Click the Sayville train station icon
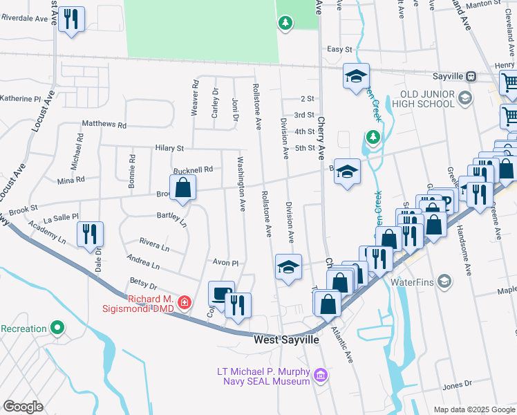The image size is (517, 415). tap(470, 76)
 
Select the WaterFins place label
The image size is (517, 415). tap(411, 282)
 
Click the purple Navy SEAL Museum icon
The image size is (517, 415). tap(319, 376)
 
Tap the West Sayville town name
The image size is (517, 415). tap(287, 340)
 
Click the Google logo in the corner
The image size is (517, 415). tap(23, 407)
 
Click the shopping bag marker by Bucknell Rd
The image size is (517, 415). tap(182, 188)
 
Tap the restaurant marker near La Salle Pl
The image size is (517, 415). tap(90, 235)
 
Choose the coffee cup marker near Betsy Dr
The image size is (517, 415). tap(221, 294)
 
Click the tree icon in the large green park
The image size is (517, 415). tap(285, 24)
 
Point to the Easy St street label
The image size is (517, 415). tap(339, 49)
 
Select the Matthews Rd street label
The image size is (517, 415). tap(104, 125)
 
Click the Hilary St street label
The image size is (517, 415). tap(169, 148)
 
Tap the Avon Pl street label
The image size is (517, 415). tap(225, 264)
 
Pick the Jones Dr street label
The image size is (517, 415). tap(457, 385)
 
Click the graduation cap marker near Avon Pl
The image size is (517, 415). tap(288, 268)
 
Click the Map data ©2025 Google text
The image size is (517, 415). tap(473, 409)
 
